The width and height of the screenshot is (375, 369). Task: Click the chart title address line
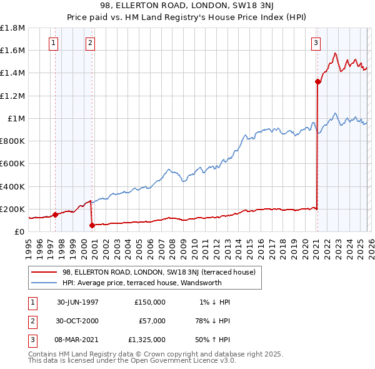point(187,6)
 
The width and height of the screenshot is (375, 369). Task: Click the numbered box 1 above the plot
point(54,43)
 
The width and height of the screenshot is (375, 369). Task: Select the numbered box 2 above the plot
point(91,43)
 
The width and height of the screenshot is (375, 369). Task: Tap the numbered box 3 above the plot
point(316,43)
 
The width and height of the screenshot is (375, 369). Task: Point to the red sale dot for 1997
point(56,215)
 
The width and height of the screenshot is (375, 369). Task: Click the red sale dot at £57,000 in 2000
point(92,225)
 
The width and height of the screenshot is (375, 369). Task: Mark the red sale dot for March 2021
point(317,81)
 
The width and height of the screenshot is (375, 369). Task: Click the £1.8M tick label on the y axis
point(12,28)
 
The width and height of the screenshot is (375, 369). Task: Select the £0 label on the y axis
point(19,231)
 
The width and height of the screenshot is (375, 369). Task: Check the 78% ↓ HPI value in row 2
point(211,321)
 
